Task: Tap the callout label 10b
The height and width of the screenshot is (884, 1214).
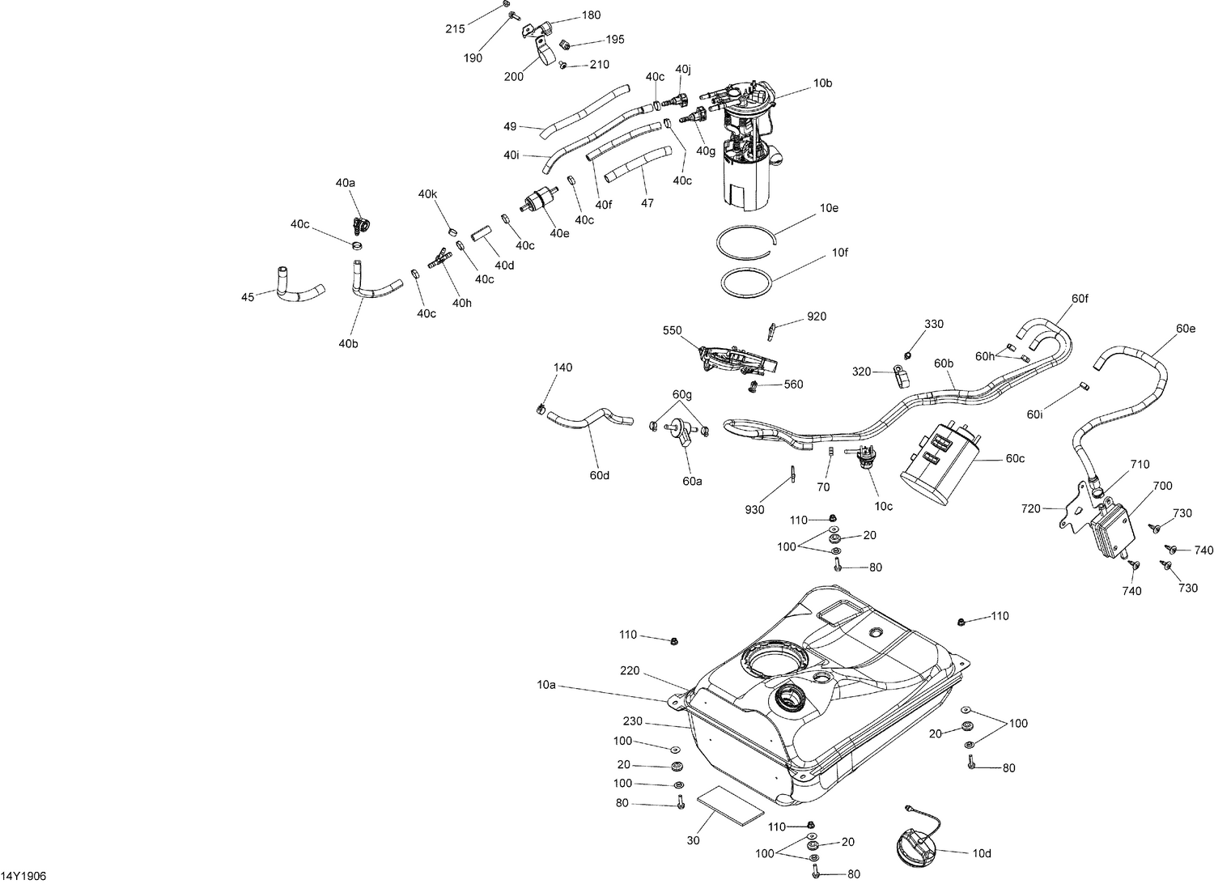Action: click(822, 83)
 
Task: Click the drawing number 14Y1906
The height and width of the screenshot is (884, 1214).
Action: click(23, 875)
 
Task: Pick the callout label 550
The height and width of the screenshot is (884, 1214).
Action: click(673, 330)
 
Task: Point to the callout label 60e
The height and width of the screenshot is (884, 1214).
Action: click(1186, 328)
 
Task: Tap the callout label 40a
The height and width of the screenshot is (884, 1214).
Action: click(346, 183)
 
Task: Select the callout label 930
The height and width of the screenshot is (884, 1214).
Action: click(754, 509)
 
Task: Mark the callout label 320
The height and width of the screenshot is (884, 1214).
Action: click(861, 372)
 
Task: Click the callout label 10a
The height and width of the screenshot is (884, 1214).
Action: click(546, 685)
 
